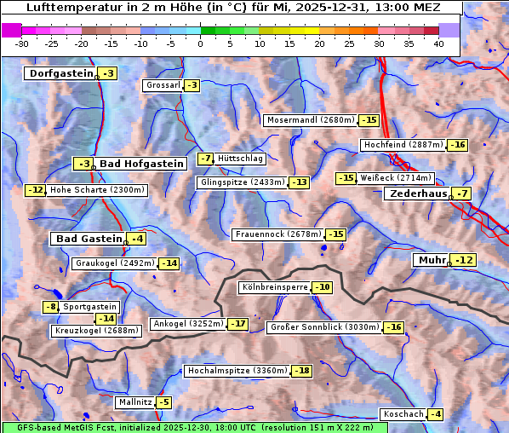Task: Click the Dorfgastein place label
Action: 60,73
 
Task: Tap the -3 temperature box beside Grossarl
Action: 193,85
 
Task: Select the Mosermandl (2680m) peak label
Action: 311,120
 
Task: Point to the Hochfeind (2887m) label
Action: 403,145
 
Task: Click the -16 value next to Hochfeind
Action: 458,145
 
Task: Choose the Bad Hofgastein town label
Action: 141,163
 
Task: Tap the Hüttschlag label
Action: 241,159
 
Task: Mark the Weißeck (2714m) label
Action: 396,178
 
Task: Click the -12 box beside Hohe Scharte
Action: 35,190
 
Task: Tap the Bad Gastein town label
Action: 89,239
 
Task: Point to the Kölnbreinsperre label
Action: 273,287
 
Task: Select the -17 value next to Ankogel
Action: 237,324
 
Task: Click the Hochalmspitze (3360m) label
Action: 237,371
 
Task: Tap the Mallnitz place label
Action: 134,401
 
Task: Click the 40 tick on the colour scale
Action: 438,43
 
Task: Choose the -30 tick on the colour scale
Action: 23,43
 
